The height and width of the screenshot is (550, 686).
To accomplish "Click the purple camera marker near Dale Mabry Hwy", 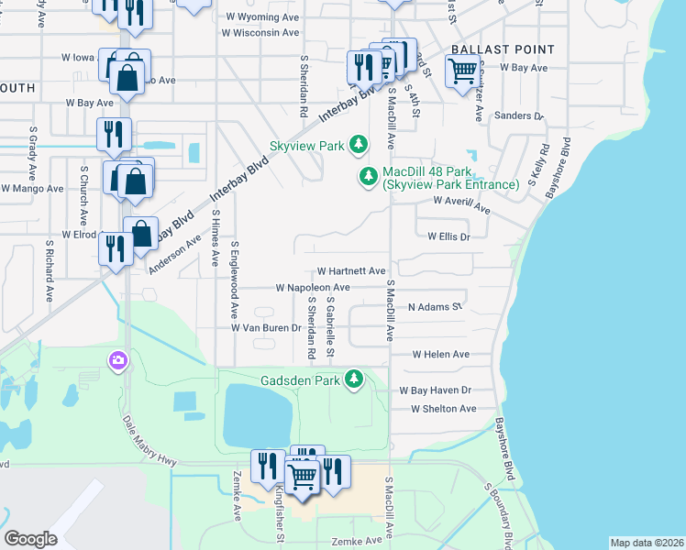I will point(117,361).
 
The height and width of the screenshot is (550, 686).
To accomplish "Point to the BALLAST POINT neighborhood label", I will point(502,49).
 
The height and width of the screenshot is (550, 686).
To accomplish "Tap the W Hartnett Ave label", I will point(351,271).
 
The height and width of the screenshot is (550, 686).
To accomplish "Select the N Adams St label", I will point(435,307).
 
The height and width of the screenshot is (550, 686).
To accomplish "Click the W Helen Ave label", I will point(440,354).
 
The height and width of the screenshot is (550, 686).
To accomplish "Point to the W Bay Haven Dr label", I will point(435,390).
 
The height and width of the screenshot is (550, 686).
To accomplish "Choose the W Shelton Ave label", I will point(444,409).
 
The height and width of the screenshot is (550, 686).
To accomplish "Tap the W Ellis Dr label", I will point(448,236).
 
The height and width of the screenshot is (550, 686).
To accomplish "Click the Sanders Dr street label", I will point(518,116).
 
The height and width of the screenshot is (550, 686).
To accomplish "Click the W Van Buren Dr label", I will point(266,327).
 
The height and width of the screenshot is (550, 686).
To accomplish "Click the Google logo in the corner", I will point(30,538).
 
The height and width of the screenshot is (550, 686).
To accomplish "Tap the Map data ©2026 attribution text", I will point(646,543).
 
